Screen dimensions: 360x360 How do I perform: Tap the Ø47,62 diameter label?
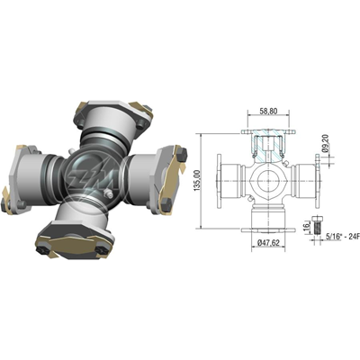[267, 243]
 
